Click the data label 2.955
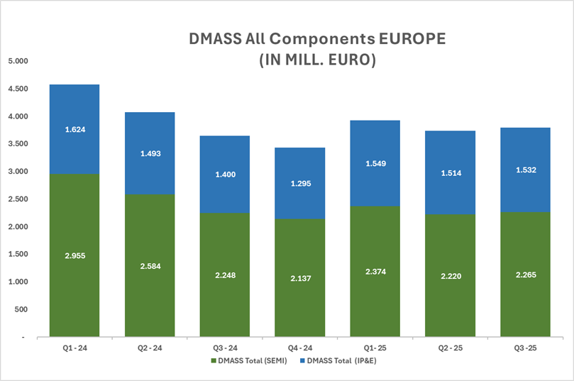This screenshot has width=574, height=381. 74,255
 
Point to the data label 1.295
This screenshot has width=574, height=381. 299,184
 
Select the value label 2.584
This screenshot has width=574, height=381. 149,266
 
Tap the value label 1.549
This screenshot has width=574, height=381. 375,163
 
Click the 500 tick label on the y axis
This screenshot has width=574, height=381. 20,310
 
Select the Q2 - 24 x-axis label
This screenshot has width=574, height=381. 149,348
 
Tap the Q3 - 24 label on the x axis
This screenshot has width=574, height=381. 224,348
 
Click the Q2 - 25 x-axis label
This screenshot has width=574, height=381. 450,348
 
